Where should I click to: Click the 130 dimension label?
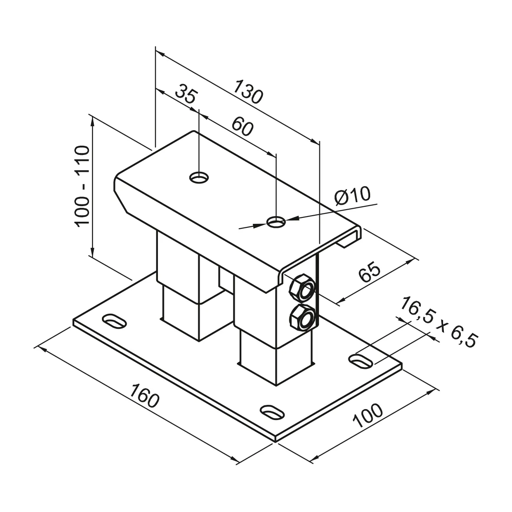click(x=249, y=92)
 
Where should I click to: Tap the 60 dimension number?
click(x=242, y=127)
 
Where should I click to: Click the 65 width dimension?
click(x=369, y=272)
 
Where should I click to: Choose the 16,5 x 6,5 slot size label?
click(x=436, y=322)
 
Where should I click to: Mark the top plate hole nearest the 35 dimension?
click(x=199, y=177)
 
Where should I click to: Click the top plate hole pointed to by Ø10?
click(x=276, y=223)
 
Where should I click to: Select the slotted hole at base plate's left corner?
click(x=115, y=322)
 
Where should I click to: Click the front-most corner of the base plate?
click(x=275, y=441)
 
